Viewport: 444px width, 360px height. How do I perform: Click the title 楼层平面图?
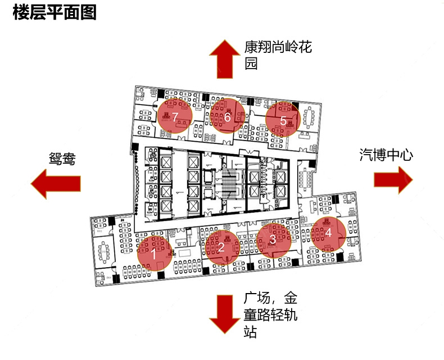coord(55,12)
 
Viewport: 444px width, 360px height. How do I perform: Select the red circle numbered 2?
coord(223,246)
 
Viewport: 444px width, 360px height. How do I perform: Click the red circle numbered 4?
coord(328,233)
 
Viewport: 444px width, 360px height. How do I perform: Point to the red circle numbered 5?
coord(283,119)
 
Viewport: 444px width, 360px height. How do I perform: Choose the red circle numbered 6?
coord(227,116)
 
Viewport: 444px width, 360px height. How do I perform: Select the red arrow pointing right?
coord(394,179)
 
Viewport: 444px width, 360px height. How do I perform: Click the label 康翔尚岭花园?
coord(278,55)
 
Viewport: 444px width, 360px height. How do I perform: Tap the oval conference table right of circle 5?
coord(309,118)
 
